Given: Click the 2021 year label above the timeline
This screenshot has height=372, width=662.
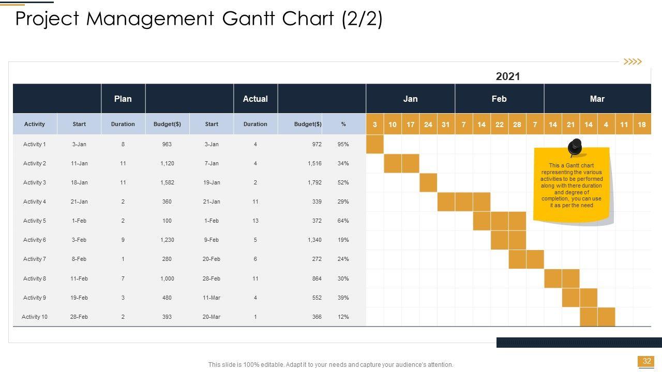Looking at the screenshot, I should point(507,76).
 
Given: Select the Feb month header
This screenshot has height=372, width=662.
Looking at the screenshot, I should point(499,99).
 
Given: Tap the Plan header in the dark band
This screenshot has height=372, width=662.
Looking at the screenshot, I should point(123,99).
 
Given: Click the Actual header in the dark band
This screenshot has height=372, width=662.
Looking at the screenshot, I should point(255,99).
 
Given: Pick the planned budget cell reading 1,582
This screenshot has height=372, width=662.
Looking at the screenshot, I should point(167,182).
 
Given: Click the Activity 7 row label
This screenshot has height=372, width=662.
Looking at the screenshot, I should point(35,259).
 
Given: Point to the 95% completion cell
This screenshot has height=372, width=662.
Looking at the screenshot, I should point(343,144).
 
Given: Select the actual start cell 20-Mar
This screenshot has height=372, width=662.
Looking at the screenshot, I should point(212,317).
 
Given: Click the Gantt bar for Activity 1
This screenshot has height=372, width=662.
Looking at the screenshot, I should point(375,144).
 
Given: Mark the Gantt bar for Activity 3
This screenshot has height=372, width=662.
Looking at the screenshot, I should point(428,182).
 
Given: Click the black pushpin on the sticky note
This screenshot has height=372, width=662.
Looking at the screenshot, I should point(575,147).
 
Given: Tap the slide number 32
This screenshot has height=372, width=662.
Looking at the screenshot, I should point(646,361).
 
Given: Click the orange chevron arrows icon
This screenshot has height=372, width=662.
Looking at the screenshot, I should point(633,62).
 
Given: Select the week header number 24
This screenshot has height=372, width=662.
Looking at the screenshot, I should point(428,125).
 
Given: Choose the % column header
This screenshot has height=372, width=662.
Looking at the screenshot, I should point(343,124).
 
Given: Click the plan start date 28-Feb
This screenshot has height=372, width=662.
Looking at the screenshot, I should point(79,317).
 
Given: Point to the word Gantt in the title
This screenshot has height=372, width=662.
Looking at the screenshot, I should point(249,19).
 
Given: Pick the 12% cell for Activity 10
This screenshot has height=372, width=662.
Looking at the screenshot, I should point(343,317).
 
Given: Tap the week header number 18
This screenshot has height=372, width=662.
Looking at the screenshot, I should point(642,125).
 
